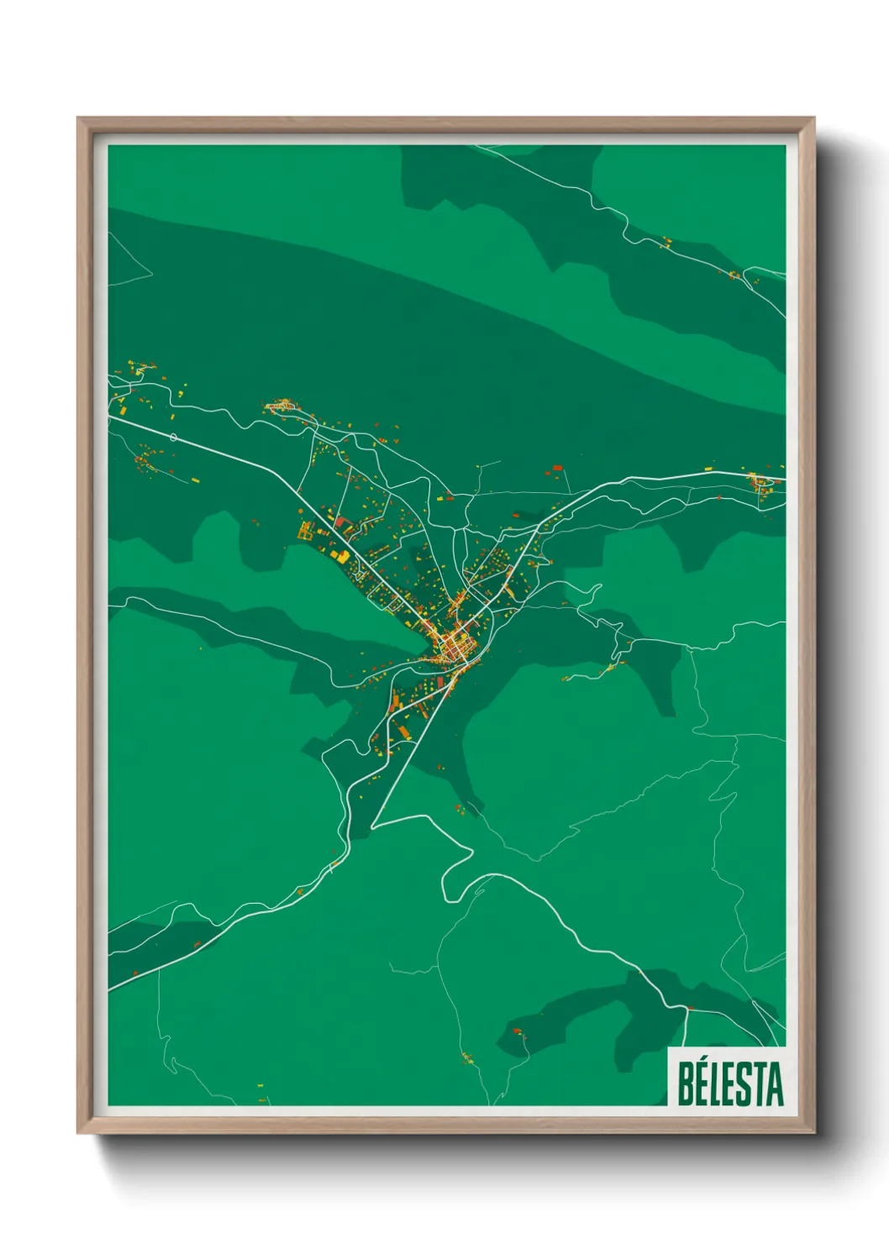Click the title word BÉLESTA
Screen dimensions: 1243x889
coord(729,1083)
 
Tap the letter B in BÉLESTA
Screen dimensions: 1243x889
coord(686,1083)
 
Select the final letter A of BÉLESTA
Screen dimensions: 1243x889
coord(774,1083)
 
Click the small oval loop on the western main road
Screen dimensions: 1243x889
coord(173,437)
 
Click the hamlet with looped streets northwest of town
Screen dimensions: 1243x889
coord(280,406)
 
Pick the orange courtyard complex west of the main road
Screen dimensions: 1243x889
coord(306,530)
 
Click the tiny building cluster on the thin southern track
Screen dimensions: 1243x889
coord(467,1057)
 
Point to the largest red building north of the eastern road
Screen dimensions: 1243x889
coord(556,467)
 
